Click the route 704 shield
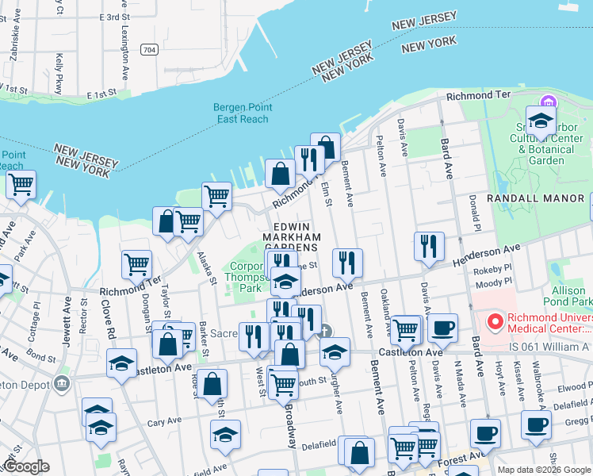pos(148,49)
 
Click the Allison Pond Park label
pos(568,296)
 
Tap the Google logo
pos(25,466)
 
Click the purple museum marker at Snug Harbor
pos(547,103)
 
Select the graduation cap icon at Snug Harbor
pos(541,122)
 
